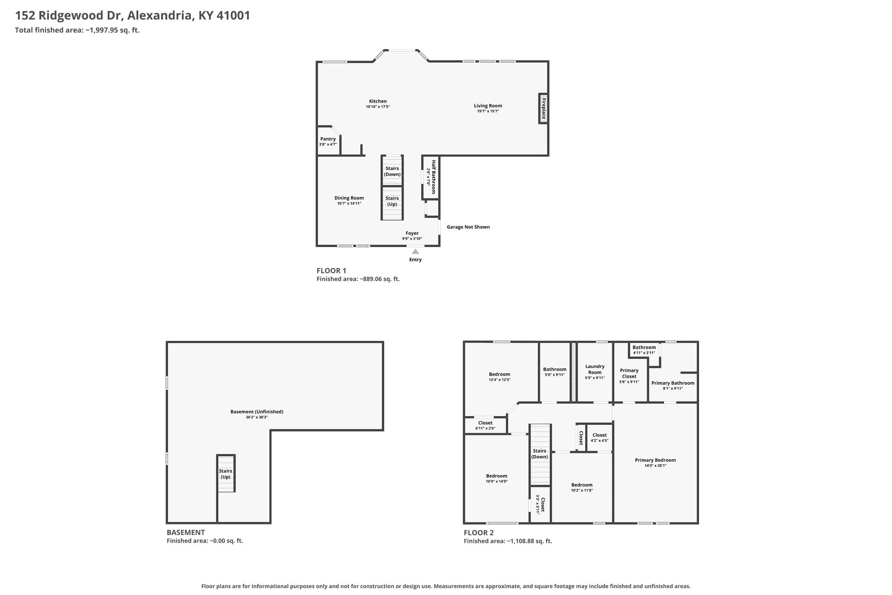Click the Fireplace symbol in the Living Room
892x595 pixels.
click(x=543, y=109)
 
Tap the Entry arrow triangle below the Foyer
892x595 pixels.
click(x=415, y=251)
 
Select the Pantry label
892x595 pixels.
click(x=328, y=139)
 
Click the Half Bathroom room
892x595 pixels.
click(x=431, y=177)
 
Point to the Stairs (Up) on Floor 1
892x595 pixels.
click(x=392, y=203)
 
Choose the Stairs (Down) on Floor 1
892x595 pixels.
click(x=392, y=171)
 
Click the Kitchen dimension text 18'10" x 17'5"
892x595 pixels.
click(x=378, y=107)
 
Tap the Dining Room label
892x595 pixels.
click(x=349, y=198)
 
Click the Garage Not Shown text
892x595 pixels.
click(x=468, y=227)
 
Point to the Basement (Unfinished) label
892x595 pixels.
click(x=257, y=412)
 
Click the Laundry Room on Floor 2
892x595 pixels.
click(x=595, y=372)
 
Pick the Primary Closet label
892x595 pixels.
click(x=629, y=373)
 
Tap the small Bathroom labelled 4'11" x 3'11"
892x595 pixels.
click(x=644, y=349)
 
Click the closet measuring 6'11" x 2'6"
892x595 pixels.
click(x=486, y=425)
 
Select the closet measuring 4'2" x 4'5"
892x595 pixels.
click(x=599, y=438)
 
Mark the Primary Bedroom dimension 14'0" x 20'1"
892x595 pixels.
click(x=655, y=465)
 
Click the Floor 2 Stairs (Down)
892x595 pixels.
click(x=540, y=455)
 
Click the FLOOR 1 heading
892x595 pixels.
click(x=331, y=271)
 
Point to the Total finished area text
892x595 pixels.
click(x=77, y=30)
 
